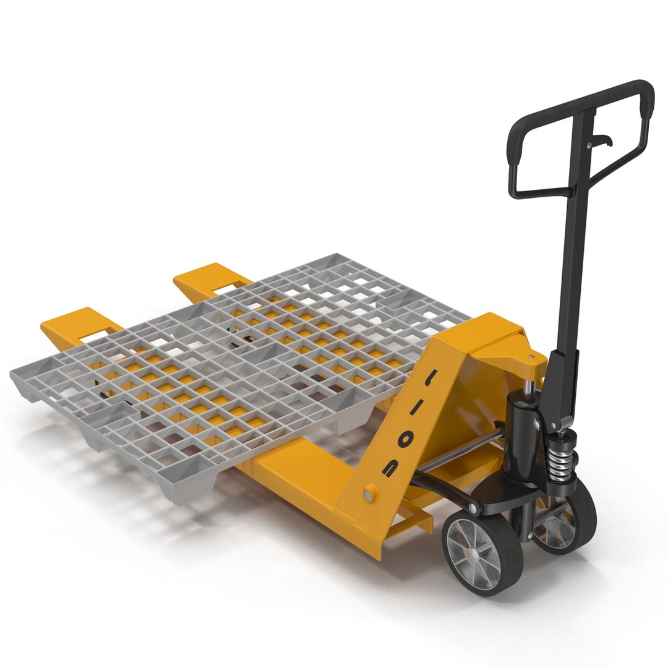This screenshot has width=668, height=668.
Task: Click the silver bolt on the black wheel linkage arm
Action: tap(474, 508)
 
